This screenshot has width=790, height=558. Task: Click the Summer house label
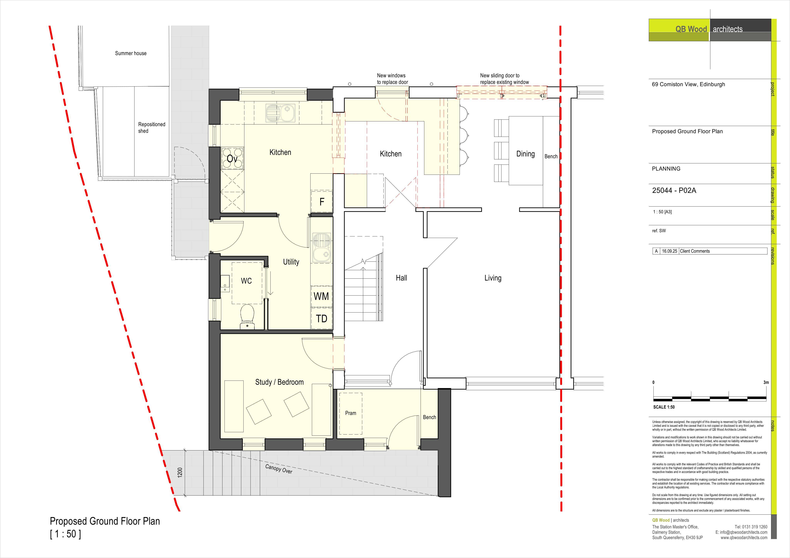pos(131,53)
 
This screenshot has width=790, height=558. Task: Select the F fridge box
pos(322,202)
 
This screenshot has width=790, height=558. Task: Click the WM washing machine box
pos(321,296)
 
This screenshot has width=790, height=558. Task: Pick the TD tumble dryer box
pos(321,318)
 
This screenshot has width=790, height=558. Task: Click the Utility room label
pos(291,262)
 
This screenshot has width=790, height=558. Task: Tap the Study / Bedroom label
pos(279,382)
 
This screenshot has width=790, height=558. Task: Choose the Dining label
pos(525,154)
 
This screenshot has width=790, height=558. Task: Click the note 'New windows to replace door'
pos(392,79)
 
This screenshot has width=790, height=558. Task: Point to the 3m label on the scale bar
pos(766,382)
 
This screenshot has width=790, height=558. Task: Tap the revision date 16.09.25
pos(670,251)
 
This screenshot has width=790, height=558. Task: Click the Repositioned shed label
pos(151,128)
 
